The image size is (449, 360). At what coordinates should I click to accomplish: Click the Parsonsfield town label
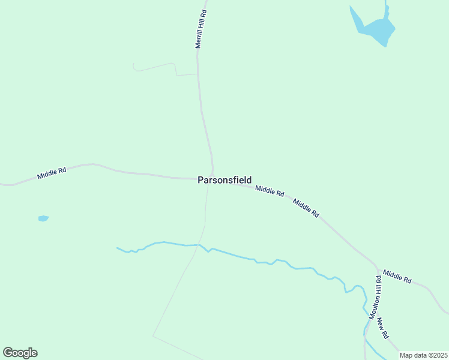(x=224, y=180)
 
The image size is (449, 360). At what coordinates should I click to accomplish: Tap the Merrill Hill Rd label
(x=201, y=29)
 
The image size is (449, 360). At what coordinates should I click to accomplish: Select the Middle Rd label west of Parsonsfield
(x=51, y=173)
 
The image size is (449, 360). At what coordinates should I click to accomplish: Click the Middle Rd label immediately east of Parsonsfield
(x=269, y=191)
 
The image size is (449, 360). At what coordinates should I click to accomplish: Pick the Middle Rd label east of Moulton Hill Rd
(x=397, y=277)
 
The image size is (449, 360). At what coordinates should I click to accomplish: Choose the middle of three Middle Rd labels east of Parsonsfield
(x=306, y=208)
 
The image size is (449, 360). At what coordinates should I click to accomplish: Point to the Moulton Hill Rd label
(x=375, y=297)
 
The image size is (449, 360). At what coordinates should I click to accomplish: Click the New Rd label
(x=384, y=327)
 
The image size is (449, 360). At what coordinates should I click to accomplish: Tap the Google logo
(x=20, y=353)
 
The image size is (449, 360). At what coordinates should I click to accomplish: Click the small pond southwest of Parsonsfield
(x=43, y=218)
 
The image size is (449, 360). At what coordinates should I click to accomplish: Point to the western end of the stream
(x=118, y=248)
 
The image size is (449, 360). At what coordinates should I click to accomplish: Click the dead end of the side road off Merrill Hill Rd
(x=133, y=65)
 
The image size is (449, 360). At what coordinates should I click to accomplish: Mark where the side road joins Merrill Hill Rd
(x=197, y=74)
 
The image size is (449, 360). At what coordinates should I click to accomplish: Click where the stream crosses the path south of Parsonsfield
(x=199, y=245)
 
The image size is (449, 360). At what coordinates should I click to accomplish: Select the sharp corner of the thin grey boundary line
(x=153, y=336)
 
